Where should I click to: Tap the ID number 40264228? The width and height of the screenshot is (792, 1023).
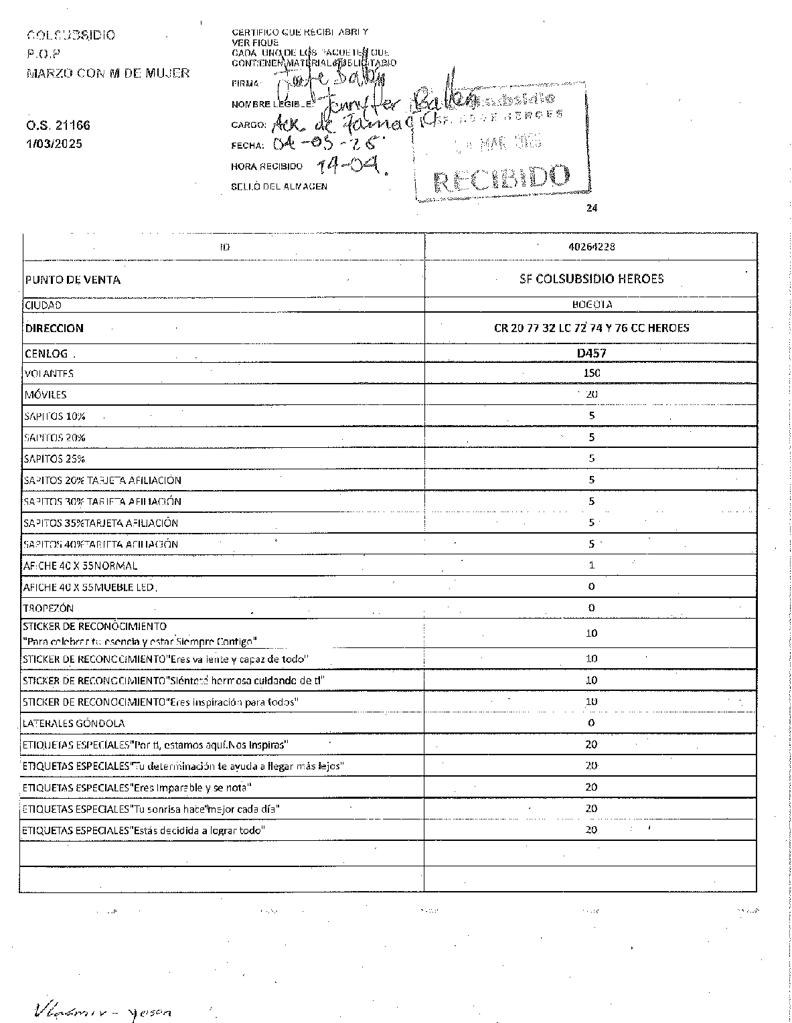click(x=591, y=246)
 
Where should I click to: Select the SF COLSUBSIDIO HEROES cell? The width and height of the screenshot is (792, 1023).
click(x=591, y=279)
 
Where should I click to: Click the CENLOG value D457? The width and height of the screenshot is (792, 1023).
click(x=591, y=353)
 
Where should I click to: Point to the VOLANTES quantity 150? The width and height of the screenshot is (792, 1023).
click(x=591, y=373)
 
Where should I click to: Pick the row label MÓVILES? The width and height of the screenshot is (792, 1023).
click(x=45, y=395)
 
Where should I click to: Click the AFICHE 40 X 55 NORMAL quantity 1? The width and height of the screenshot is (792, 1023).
click(x=591, y=565)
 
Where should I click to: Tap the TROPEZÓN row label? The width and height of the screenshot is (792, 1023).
click(x=48, y=609)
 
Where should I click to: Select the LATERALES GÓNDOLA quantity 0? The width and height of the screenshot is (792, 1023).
click(x=591, y=723)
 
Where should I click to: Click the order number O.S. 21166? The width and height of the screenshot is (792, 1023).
click(x=58, y=125)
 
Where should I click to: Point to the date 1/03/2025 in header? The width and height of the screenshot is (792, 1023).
click(x=54, y=143)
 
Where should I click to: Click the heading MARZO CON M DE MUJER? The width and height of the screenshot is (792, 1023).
click(x=108, y=73)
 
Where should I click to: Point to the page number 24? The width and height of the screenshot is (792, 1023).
click(x=591, y=208)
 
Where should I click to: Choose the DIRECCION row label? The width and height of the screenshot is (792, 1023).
click(x=54, y=328)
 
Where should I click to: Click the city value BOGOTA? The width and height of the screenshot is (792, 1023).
click(x=591, y=305)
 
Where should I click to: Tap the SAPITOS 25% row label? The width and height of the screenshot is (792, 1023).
click(x=54, y=459)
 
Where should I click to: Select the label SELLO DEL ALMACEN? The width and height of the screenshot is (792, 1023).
click(x=279, y=187)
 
